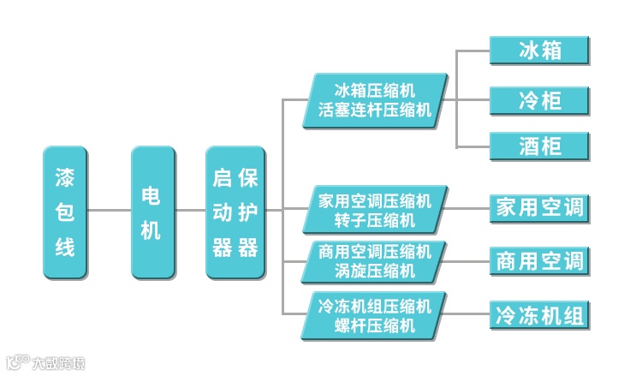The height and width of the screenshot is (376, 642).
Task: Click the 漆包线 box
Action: (x=65, y=212)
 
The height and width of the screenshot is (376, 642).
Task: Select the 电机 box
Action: (x=153, y=212)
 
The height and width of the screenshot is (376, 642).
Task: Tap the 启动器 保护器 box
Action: (x=235, y=212)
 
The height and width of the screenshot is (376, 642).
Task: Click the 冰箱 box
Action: (x=539, y=50)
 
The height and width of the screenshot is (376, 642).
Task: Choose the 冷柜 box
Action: (x=539, y=100)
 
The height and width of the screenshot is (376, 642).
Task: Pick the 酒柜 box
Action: (x=539, y=146)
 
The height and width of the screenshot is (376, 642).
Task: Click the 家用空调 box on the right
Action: (x=539, y=207)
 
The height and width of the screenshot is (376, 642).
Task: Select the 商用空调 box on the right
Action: (x=539, y=260)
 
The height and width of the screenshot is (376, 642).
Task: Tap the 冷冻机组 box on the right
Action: (x=539, y=315)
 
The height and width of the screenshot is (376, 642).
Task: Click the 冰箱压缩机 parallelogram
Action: (x=376, y=100)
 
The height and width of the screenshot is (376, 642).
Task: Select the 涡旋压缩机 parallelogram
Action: (x=376, y=261)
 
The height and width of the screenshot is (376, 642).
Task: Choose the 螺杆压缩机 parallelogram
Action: (x=376, y=315)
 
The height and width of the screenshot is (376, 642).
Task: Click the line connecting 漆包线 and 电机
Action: (x=109, y=211)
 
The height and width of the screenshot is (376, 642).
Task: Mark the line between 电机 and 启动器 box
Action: (x=190, y=211)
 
